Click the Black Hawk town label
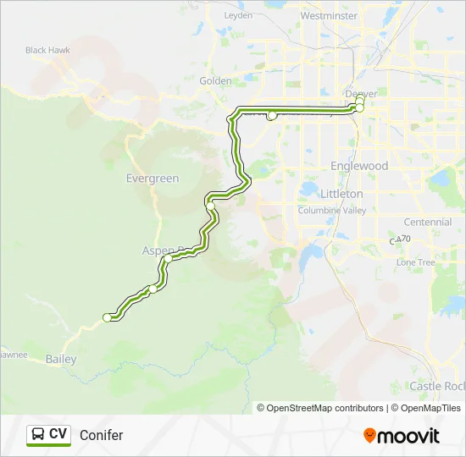click(x=47, y=50)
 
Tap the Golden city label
click(x=215, y=81)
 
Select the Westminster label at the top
click(x=329, y=15)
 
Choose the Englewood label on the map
click(x=359, y=166)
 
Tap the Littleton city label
click(x=341, y=194)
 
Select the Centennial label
click(x=428, y=222)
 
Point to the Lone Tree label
click(x=415, y=262)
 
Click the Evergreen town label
click(x=153, y=179)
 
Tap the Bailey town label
click(x=61, y=360)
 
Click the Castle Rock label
click(x=437, y=386)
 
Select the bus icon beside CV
click(x=38, y=435)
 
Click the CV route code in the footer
click(x=58, y=435)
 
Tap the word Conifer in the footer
click(x=101, y=435)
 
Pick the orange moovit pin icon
click(x=369, y=435)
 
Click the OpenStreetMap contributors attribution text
click(x=325, y=408)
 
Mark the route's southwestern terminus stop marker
click(x=107, y=317)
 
